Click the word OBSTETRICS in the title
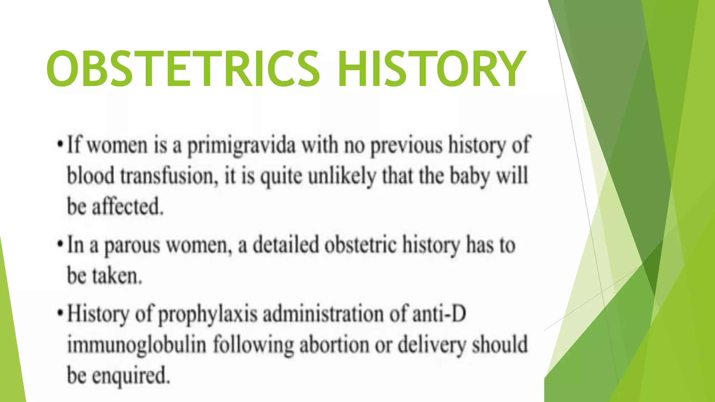point(183,68)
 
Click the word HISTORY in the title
point(432,68)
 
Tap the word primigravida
point(241,146)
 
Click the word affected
point(127,207)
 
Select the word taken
point(117,276)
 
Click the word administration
point(323,314)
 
